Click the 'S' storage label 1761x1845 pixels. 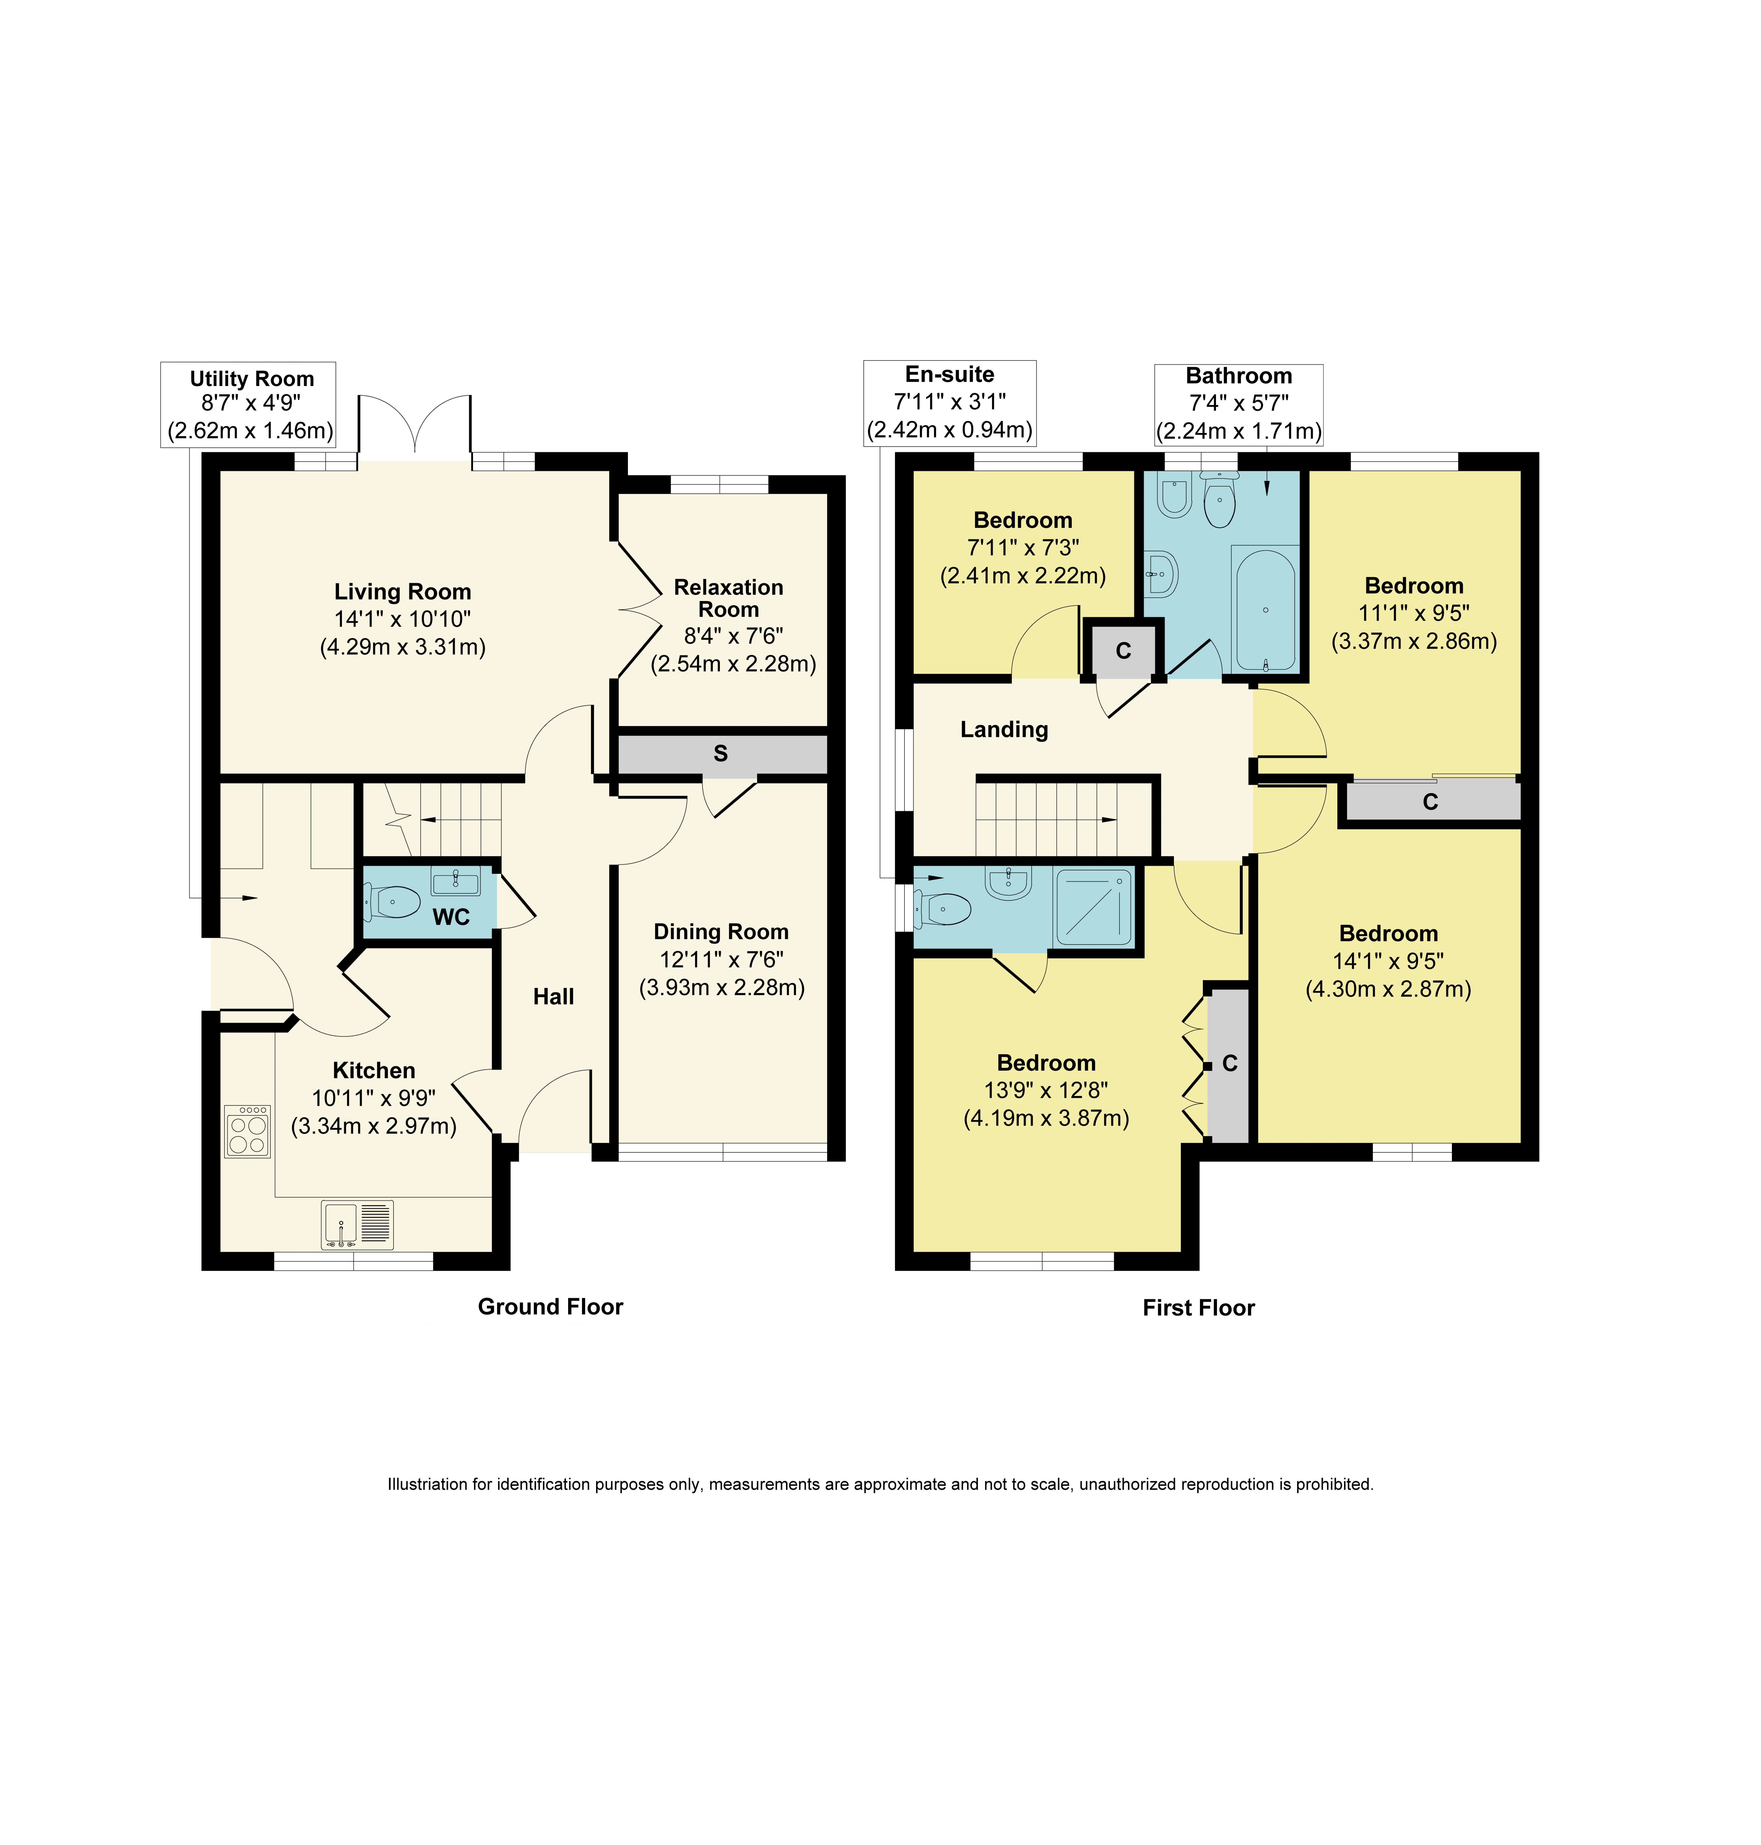(721, 753)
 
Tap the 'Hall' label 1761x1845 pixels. (554, 996)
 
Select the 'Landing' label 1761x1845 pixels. (1004, 730)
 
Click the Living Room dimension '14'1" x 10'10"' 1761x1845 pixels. (403, 619)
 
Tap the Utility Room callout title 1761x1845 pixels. (252, 378)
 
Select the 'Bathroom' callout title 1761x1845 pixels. (1239, 376)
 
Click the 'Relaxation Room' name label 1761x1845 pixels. (728, 598)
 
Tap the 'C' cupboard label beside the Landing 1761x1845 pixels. (1124, 651)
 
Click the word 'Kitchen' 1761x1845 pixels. (374, 1070)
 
